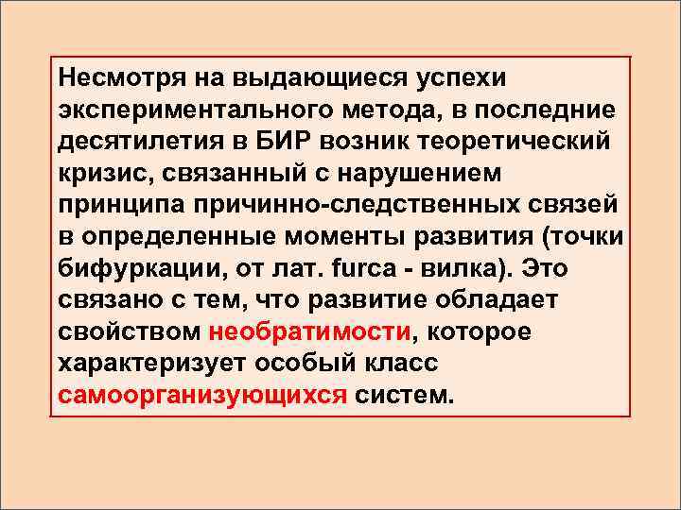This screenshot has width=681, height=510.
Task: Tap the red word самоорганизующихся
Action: tap(201, 396)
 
